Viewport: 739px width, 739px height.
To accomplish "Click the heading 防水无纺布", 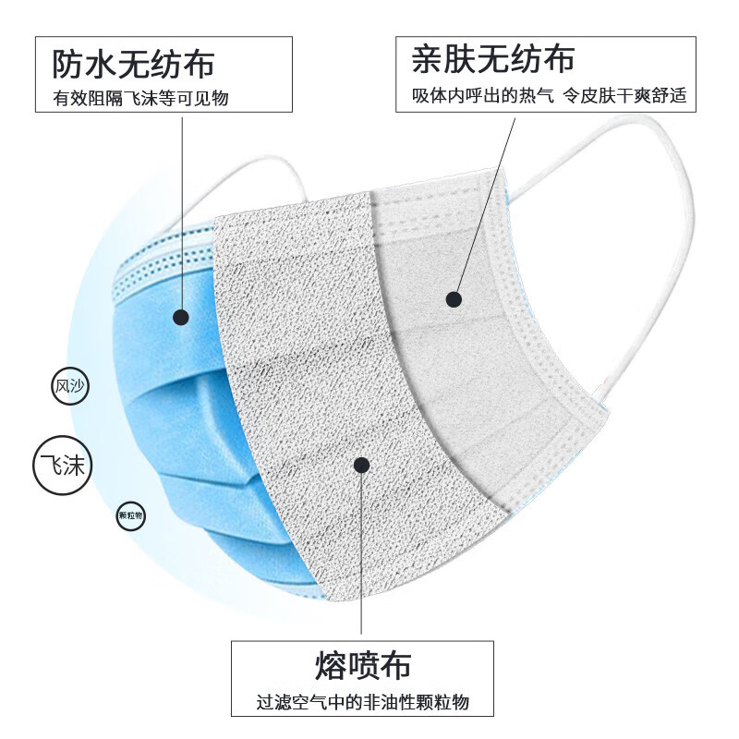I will tap(133, 64).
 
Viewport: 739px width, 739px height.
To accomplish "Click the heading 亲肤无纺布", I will tap(493, 59).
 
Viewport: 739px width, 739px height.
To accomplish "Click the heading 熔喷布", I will tap(362, 664).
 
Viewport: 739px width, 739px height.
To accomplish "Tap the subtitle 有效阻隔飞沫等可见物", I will tap(140, 99).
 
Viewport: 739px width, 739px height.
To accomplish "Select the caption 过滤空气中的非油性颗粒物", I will tap(362, 702).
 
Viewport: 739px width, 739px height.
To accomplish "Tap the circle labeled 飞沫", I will tap(63, 465).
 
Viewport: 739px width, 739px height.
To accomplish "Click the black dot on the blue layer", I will tap(181, 317).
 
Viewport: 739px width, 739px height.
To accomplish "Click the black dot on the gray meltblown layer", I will tap(362, 466).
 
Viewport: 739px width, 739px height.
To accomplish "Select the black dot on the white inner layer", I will tap(453, 298).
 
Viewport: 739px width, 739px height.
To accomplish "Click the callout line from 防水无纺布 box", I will tap(181, 212).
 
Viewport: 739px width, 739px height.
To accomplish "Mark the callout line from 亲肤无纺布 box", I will tap(485, 203).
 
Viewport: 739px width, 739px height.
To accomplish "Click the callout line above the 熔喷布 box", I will tap(362, 554).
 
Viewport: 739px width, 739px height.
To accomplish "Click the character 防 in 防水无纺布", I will tap(68, 64).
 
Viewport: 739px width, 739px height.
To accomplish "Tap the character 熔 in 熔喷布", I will tap(330, 664).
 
